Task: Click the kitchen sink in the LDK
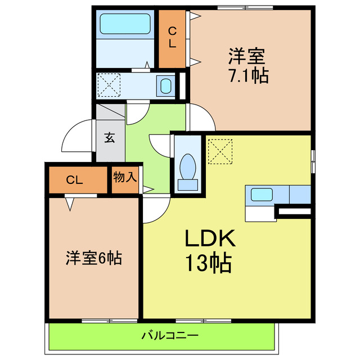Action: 262,195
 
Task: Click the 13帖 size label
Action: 209,262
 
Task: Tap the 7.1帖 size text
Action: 247,75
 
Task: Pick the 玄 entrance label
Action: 110,137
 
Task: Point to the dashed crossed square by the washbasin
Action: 109,85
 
